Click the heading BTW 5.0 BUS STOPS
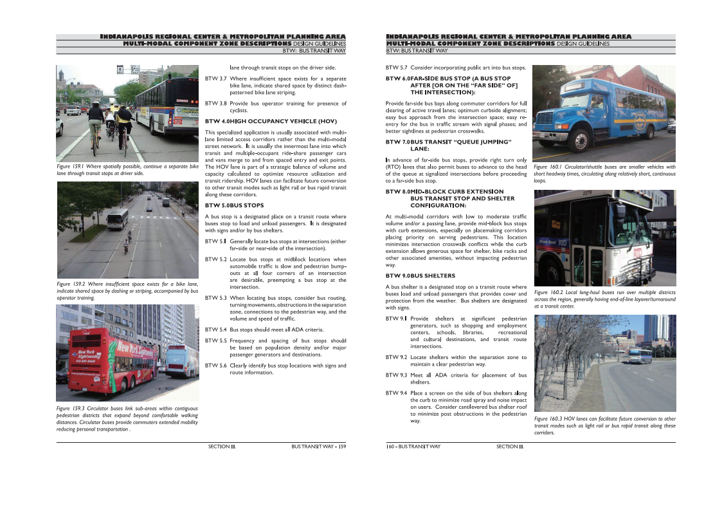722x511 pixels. tap(234, 205)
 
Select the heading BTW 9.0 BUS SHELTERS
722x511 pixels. tap(420, 275)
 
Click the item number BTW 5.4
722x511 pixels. tap(215, 330)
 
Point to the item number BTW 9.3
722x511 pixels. tap(395, 375)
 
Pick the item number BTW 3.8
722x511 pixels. tap(215, 103)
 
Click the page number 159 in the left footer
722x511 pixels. tap(343, 446)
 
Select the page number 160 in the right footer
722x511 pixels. tap(390, 446)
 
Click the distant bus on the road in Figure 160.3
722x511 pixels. tap(640, 356)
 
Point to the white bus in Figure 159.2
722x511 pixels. tap(117, 219)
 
